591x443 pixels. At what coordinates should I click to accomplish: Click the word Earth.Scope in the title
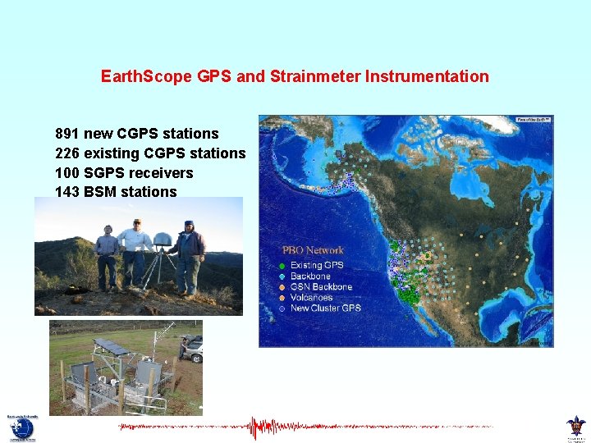[x=146, y=76]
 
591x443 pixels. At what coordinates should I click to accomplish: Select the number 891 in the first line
[x=67, y=134]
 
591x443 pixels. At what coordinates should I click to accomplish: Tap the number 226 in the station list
[x=67, y=153]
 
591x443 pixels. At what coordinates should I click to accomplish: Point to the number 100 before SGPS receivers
[x=67, y=173]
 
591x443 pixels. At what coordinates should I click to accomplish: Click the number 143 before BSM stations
[x=67, y=192]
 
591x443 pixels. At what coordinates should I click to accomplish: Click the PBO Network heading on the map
[x=313, y=250]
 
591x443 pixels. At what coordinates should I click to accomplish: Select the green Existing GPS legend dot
[x=282, y=266]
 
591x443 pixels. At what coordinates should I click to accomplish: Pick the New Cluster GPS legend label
[x=325, y=308]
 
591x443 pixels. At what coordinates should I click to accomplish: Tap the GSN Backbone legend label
[x=321, y=286]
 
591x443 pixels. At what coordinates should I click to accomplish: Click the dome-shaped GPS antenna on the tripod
[x=163, y=239]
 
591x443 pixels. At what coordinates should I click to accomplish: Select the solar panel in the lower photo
[x=109, y=346]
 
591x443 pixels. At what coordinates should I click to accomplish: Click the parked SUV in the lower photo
[x=191, y=347]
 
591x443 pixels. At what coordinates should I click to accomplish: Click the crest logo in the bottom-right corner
[x=576, y=427]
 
